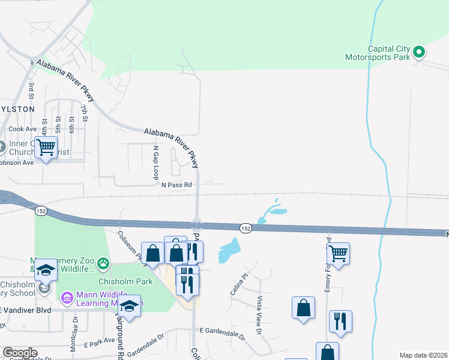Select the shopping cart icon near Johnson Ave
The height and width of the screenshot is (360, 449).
pos(46,147)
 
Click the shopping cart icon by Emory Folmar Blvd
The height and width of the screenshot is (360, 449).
pos(339,254)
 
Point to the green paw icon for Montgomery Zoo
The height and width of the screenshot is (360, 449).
pos(104,262)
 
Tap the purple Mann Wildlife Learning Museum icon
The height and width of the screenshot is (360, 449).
pos(66,296)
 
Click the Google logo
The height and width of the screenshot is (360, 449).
pos(20,353)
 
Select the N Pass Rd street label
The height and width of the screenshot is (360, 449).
pos(176,185)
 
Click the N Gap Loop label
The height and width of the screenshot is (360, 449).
pos(155,163)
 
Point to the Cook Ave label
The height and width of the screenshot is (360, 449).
pos(23,129)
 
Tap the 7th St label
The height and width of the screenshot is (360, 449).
pos(85,112)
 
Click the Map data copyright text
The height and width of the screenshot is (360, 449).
pos(423,355)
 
